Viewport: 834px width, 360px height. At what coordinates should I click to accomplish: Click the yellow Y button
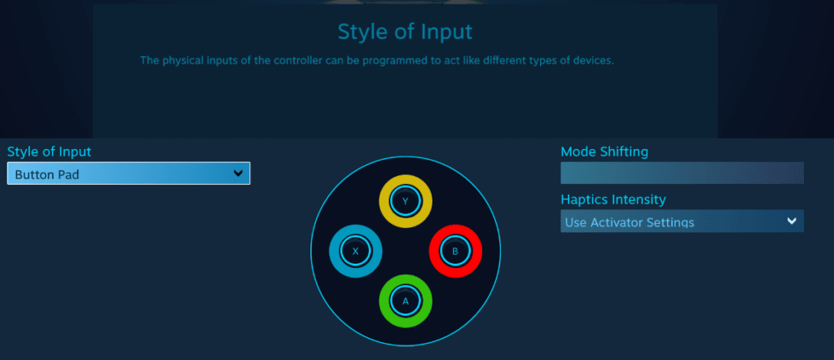click(406, 201)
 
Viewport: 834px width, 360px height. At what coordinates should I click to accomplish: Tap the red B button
click(455, 251)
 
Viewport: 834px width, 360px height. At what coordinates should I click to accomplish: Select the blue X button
click(356, 251)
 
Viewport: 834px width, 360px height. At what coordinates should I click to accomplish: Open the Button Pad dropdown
click(129, 173)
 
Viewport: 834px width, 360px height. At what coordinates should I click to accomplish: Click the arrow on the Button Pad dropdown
click(238, 173)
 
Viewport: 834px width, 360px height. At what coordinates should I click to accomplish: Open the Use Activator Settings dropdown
click(682, 222)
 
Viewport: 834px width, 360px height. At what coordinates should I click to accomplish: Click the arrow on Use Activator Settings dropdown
click(792, 222)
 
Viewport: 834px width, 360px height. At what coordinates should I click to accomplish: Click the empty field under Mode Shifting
click(682, 173)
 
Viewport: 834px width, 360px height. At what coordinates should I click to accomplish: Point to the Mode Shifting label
click(604, 152)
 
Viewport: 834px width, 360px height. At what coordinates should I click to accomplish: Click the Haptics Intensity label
click(613, 200)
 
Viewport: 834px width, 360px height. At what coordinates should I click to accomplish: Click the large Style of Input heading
click(406, 32)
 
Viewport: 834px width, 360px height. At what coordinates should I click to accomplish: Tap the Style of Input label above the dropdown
click(50, 151)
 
